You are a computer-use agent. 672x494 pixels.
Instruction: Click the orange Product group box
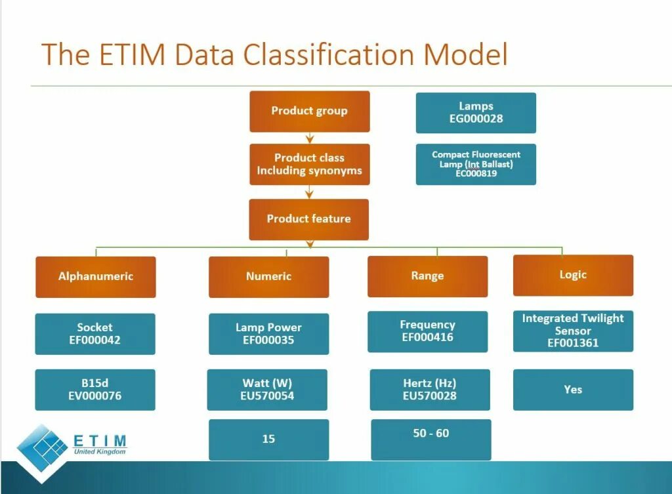309,111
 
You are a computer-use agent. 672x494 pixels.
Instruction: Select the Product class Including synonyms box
309,164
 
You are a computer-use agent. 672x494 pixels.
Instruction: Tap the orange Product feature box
308,219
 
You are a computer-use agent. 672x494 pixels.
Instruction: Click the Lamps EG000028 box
476,112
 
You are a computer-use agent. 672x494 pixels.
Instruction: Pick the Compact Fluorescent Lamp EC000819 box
476,164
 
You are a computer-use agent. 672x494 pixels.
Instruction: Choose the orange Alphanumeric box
96,276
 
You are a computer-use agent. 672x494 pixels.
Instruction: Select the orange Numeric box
268,276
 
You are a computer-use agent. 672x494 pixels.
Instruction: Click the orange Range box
427,276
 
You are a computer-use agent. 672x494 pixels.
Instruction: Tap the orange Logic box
573,275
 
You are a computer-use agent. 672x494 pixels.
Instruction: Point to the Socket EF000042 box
95,333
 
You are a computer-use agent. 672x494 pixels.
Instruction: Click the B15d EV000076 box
95,390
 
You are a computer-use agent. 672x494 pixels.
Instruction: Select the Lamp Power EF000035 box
268,333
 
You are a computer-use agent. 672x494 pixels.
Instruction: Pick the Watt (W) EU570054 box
267,390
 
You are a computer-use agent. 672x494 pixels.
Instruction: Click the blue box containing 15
268,439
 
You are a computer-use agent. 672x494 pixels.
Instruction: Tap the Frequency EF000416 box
427,331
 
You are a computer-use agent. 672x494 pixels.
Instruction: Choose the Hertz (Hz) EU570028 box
430,390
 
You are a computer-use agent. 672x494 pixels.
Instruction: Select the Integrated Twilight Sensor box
573,331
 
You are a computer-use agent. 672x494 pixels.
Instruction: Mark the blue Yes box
573,390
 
